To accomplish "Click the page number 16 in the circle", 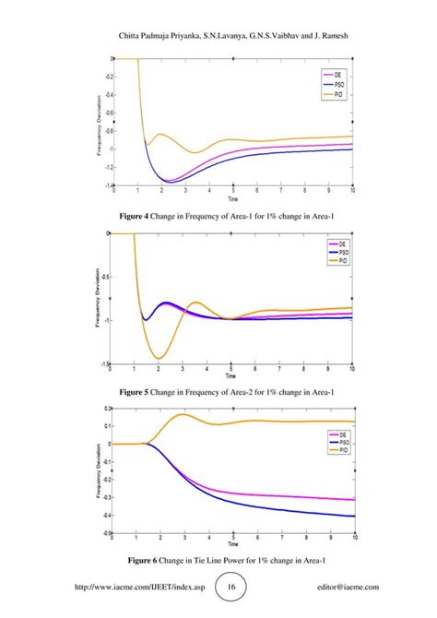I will [x=230, y=586].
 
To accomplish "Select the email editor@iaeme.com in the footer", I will [x=348, y=586].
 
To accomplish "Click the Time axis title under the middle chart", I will [x=233, y=376].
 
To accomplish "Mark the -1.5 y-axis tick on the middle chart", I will [x=105, y=364].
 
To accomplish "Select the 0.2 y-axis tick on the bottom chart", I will [x=105, y=408].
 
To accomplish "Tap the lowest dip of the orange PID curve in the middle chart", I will [x=159, y=358].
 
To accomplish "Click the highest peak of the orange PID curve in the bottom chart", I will [x=182, y=414].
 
